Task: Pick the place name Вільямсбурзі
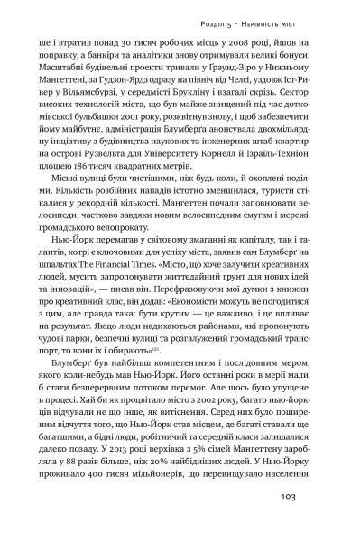click(104, 94)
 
